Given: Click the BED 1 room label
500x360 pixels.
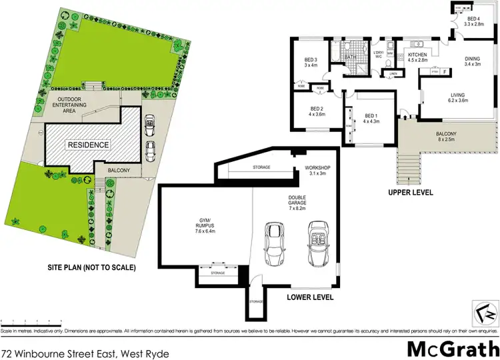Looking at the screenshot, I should click(x=371, y=118).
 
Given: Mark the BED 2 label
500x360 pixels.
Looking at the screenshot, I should click(x=316, y=111).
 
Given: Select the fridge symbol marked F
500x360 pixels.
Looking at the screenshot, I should click(x=443, y=71).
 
